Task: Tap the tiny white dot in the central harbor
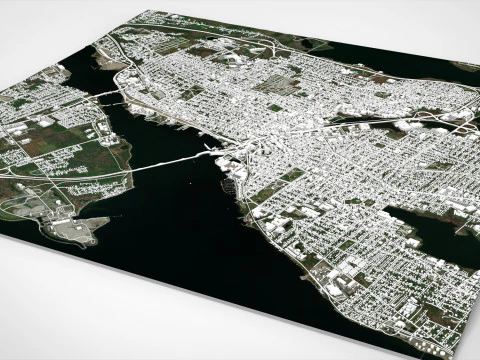[187, 184]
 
